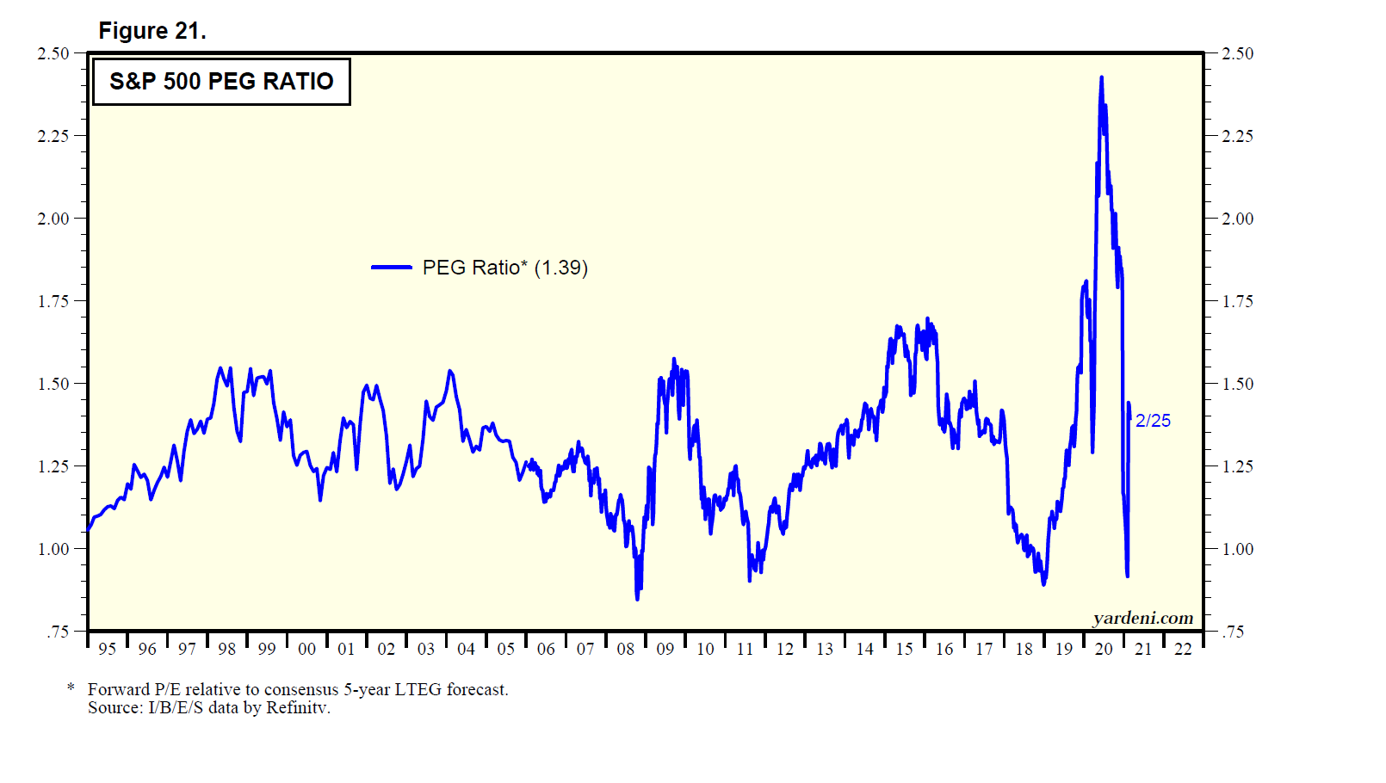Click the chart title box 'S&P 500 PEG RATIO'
[x=221, y=82]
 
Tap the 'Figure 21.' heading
[x=152, y=31]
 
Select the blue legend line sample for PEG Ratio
[x=392, y=268]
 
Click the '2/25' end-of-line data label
[x=1153, y=421]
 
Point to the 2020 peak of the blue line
[x=1101, y=78]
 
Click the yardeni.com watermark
[x=1142, y=618]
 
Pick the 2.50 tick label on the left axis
[x=53, y=53]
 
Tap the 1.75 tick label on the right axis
[x=1238, y=301]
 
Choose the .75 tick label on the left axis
[x=58, y=632]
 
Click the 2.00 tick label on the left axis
[x=53, y=219]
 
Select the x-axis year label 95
[x=107, y=649]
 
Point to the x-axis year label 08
[x=626, y=649]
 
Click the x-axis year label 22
[x=1183, y=649]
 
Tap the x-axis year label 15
[x=904, y=649]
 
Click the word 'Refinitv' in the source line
[x=298, y=707]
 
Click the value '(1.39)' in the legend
[x=561, y=268]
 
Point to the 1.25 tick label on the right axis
[x=1238, y=466]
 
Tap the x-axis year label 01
[x=346, y=649]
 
